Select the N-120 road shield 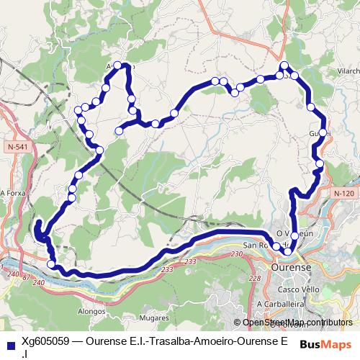point(344,193)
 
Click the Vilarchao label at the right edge point(348,72)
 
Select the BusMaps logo point(325,343)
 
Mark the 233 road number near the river point(168,269)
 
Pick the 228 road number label point(253,278)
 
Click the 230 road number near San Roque point(238,253)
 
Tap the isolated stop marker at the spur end point(119,130)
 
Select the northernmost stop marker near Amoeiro point(119,66)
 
